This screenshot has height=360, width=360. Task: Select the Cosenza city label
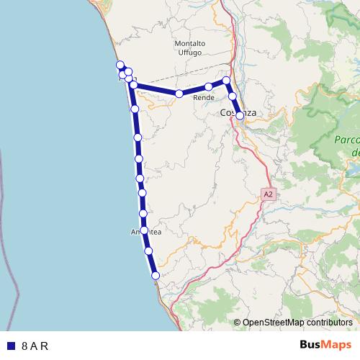(238, 113)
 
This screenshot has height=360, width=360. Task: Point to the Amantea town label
(146, 232)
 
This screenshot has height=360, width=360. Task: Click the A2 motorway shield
(269, 194)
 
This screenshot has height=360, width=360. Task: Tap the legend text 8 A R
(35, 346)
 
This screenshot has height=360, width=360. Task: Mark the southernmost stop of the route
(155, 275)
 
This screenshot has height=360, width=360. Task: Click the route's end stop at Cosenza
(240, 115)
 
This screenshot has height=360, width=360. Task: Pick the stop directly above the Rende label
(208, 87)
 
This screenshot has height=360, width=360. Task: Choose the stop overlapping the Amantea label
(145, 230)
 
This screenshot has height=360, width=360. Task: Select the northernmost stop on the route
(120, 65)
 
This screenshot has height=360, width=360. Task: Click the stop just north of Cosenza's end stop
(232, 96)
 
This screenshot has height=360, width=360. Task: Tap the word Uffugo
(189, 53)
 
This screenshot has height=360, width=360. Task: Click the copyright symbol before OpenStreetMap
(237, 323)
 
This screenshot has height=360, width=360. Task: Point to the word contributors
(326, 323)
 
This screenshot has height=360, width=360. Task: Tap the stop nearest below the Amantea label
(148, 251)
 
